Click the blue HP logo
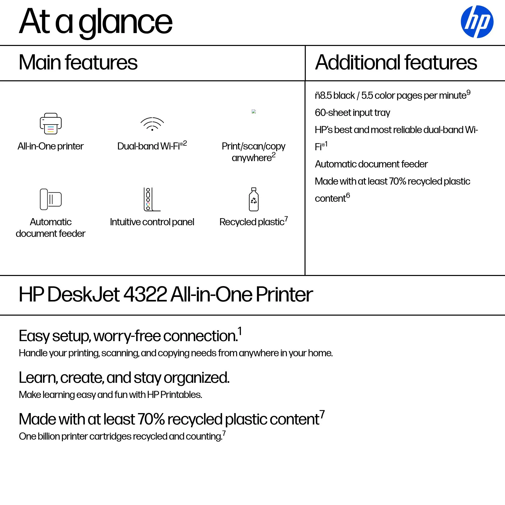pos(477,22)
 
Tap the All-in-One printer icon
pos(51,123)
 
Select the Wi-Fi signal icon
pos(152,124)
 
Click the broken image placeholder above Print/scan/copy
pos(254,111)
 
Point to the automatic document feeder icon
pos(51,199)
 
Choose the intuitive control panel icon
pos(151,199)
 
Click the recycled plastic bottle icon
pos(254,199)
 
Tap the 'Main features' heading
pos(78,63)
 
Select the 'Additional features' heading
pos(396,63)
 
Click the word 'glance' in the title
pos(125,22)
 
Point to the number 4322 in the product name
pos(145,295)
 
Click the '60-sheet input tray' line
pos(352,113)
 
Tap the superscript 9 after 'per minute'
pos(468,92)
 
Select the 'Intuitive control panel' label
pos(152,222)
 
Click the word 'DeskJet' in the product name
pos(84,295)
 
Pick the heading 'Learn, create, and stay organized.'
pos(124,378)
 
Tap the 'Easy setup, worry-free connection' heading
pos(128,336)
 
